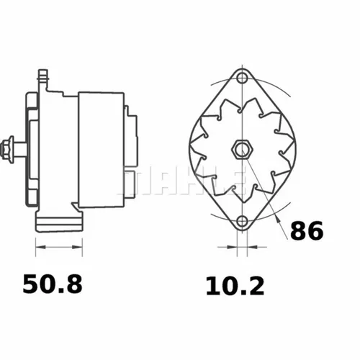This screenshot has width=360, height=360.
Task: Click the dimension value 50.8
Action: pos(53,284)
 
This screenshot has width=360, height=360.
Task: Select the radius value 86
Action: pos(306,230)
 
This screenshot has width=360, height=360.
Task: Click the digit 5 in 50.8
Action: pos(31,284)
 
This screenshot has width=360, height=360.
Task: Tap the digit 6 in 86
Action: pos(315,230)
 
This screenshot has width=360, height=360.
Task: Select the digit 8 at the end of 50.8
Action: pos(73,284)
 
